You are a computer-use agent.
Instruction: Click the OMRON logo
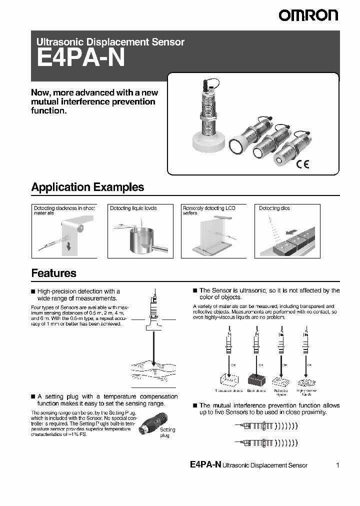point(308,15)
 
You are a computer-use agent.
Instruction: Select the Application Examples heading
point(87,187)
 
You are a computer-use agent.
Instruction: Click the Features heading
point(53,273)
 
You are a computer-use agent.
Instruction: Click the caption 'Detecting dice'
point(274,208)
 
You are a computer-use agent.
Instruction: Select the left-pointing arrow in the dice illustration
point(290,232)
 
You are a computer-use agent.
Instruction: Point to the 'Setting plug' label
point(167,432)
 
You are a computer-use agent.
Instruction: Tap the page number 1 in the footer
point(337,465)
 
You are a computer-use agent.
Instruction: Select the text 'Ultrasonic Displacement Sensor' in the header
point(110,42)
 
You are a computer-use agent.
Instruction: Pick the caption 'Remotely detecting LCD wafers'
point(208,210)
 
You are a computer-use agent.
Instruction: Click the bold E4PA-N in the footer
point(205,464)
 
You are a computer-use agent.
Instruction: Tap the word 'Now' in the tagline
point(40,92)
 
